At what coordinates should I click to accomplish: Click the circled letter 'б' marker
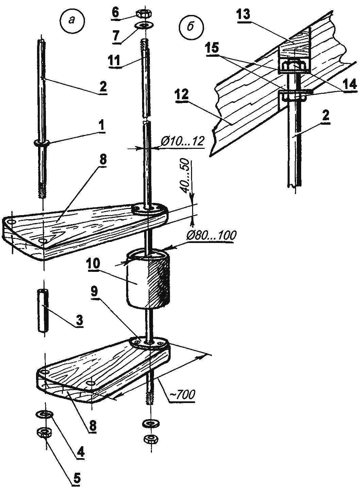[191, 29]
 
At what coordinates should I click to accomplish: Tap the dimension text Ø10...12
[183, 142]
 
